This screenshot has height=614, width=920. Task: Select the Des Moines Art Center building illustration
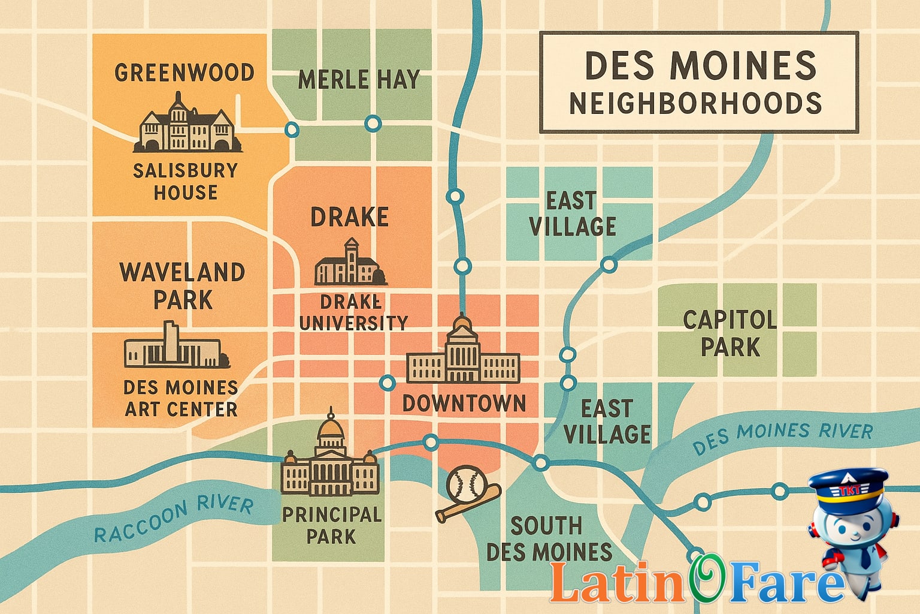tap(174, 348)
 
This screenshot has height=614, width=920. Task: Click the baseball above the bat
tap(463, 483)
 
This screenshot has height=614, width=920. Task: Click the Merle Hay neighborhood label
tap(359, 80)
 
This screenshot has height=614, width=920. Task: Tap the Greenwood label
tap(184, 73)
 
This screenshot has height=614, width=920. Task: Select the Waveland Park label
tap(182, 286)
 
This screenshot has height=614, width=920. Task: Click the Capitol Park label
tap(730, 333)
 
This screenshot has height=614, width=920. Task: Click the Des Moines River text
tap(782, 437)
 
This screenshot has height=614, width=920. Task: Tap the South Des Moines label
tap(548, 538)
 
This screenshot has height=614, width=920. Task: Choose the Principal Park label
tap(331, 525)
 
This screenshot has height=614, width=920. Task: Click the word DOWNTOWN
tap(464, 404)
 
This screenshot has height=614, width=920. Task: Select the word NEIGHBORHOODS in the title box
tap(695, 104)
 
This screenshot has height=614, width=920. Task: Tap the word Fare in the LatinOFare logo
tap(785, 582)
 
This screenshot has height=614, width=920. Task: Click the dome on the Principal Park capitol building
tap(331, 428)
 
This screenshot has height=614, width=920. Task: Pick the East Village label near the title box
tap(572, 214)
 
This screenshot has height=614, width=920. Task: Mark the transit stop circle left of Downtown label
tap(388, 382)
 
